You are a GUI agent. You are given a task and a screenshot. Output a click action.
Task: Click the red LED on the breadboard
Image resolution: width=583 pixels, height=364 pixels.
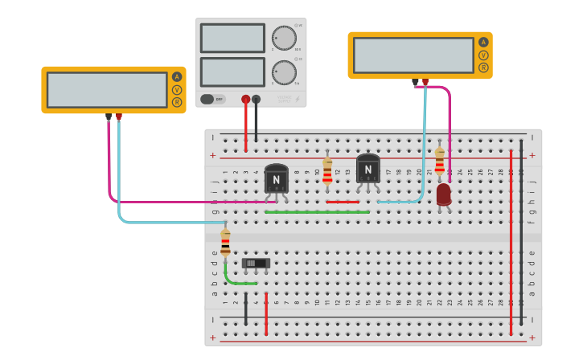(444, 194)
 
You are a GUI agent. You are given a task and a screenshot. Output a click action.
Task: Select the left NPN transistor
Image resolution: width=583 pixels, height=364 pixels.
(276, 178)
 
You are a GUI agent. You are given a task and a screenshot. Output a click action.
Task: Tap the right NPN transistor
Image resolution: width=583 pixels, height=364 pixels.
(367, 169)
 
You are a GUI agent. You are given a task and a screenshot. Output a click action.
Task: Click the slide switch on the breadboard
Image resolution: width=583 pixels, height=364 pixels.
(256, 263)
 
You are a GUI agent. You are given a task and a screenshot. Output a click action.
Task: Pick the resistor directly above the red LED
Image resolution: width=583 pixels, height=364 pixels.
(439, 161)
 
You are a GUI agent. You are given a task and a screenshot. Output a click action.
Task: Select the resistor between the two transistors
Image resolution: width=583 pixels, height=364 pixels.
(327, 170)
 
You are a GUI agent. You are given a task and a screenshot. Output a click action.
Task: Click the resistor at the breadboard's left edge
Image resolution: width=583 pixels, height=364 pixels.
(225, 241)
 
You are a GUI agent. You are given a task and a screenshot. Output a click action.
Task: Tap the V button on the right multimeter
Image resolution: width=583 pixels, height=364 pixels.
(483, 55)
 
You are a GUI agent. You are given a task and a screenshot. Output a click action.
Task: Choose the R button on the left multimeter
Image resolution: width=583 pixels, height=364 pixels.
(176, 102)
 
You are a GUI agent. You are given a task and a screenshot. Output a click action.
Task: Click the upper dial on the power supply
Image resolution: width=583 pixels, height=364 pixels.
(283, 38)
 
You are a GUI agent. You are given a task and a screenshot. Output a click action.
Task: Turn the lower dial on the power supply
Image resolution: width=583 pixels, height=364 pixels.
(283, 72)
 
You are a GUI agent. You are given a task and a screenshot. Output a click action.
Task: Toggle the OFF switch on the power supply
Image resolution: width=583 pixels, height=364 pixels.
(212, 99)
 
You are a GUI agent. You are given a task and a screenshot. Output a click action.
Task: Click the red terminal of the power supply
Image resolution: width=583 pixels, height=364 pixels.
(245, 100)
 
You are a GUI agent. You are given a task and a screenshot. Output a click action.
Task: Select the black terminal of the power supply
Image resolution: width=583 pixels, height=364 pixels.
(256, 100)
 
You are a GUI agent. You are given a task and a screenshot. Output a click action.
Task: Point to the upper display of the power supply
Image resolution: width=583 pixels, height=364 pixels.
(232, 38)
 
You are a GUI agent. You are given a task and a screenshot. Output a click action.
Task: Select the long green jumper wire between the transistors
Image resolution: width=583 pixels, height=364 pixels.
(317, 212)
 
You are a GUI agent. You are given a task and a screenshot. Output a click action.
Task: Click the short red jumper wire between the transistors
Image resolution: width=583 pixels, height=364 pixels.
(343, 202)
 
